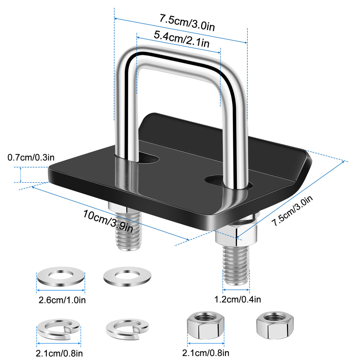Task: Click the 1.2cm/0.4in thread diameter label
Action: (238, 300)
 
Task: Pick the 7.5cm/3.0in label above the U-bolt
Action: (187, 22)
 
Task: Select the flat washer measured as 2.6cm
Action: (61, 277)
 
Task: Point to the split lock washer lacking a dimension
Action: (127, 329)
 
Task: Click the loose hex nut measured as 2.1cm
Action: (206, 325)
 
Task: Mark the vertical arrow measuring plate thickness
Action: (20, 174)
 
